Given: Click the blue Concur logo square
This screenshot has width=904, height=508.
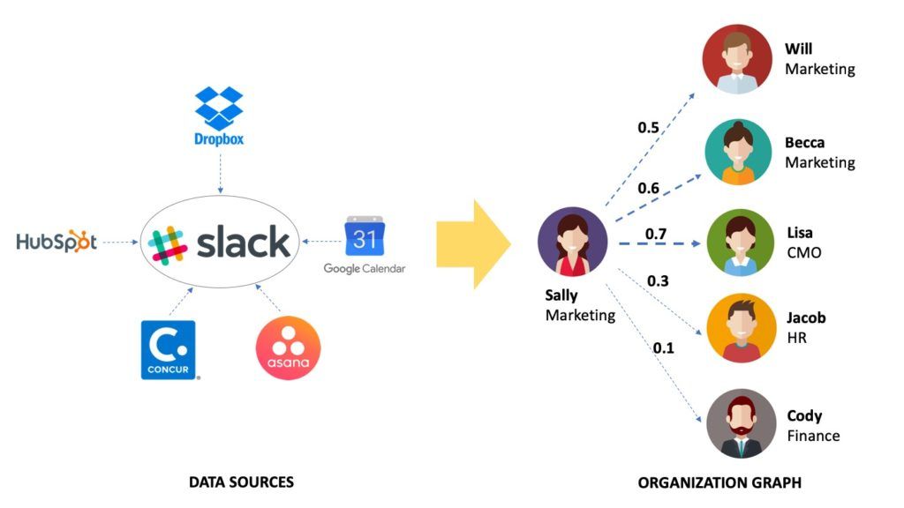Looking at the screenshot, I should pyautogui.click(x=168, y=349).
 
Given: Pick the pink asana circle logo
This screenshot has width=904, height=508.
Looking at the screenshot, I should pyautogui.click(x=288, y=348).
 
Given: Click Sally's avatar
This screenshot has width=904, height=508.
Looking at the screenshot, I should pyautogui.click(x=573, y=243).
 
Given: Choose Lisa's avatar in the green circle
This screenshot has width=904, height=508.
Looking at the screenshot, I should pyautogui.click(x=740, y=243).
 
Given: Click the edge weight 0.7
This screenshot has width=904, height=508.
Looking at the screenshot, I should pyautogui.click(x=656, y=234).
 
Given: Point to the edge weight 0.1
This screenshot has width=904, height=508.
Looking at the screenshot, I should pyautogui.click(x=663, y=347).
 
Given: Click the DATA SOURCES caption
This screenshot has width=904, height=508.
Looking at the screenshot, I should pyautogui.click(x=241, y=482).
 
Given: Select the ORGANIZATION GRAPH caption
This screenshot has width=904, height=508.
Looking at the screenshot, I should pyautogui.click(x=719, y=482).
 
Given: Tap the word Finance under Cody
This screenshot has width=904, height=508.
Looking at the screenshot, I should pyautogui.click(x=813, y=436).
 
